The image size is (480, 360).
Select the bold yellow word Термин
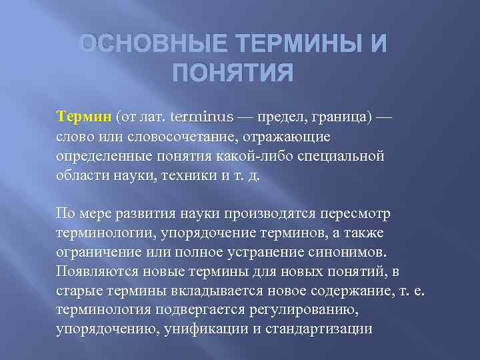pyautogui.click(x=83, y=117)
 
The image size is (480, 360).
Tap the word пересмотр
pyautogui.click(x=352, y=214)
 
